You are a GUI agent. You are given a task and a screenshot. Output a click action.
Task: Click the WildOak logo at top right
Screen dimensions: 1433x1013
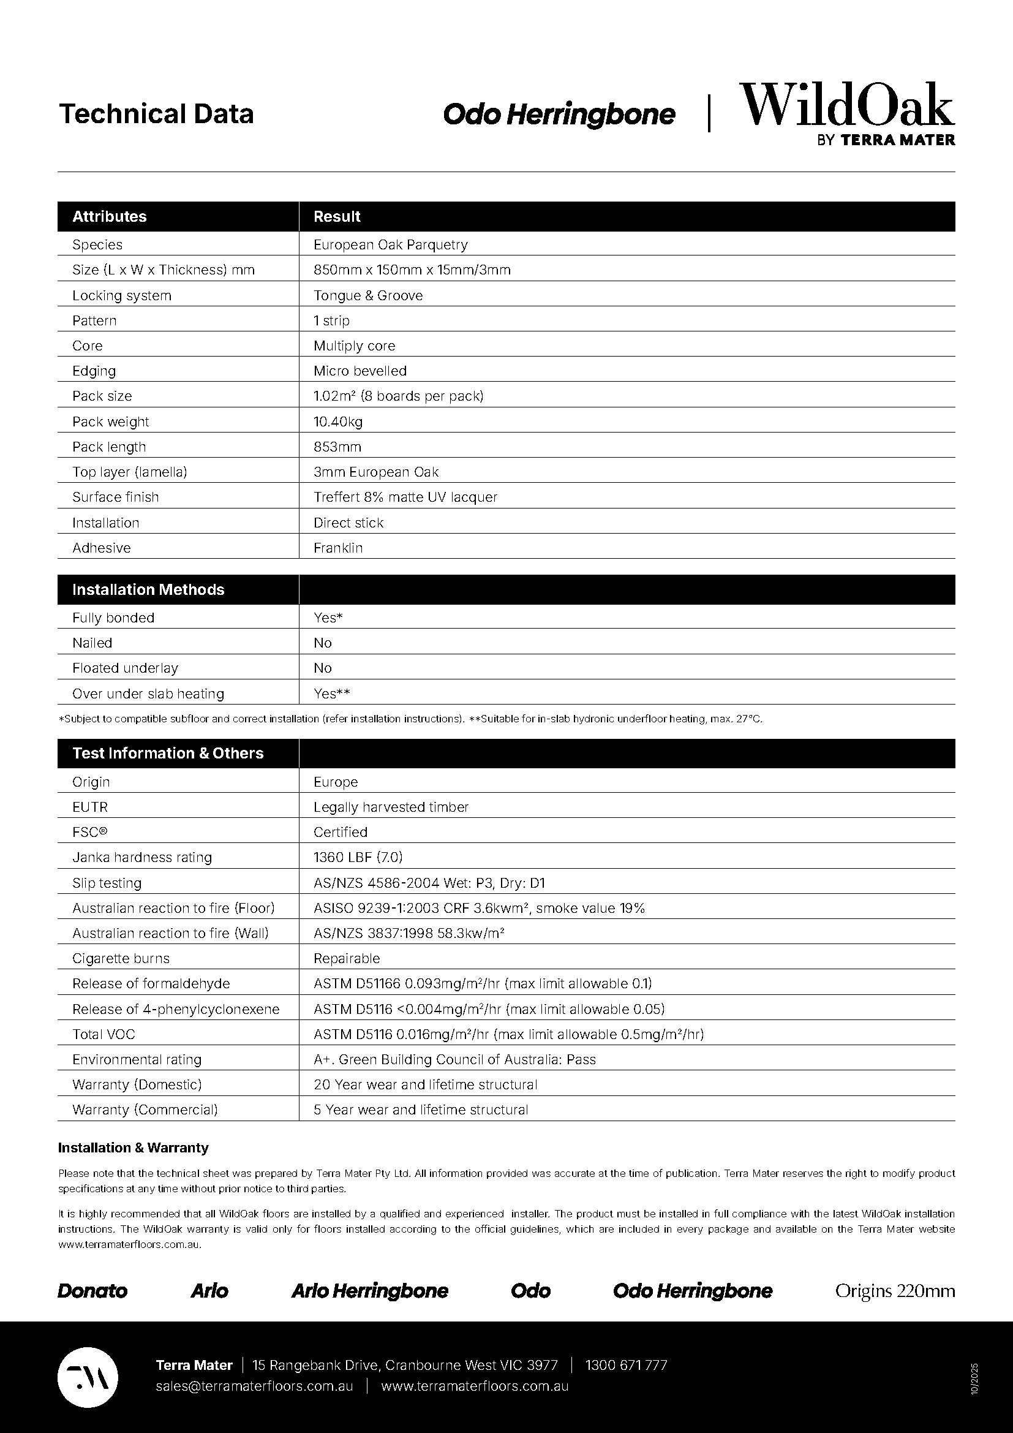846,113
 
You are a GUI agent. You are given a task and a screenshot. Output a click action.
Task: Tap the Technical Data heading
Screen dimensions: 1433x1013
156,114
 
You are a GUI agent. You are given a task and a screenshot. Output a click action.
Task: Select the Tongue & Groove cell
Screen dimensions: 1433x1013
368,295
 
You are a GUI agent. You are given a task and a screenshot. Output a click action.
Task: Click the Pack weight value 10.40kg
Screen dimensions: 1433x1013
338,422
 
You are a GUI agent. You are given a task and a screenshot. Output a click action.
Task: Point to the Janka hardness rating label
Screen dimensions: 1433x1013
142,857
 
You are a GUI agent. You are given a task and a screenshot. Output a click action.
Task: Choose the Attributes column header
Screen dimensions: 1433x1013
110,216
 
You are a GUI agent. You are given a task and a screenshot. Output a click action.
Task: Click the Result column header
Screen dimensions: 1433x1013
337,216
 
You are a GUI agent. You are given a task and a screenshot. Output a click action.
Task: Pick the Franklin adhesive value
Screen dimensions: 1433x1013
338,547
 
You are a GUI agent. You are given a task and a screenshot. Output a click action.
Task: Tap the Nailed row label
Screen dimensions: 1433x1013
92,642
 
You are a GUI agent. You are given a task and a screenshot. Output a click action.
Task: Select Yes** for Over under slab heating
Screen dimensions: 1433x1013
332,693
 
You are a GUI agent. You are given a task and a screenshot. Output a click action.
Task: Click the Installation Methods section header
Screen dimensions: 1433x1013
148,589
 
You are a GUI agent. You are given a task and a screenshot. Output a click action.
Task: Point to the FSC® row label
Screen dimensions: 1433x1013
90,831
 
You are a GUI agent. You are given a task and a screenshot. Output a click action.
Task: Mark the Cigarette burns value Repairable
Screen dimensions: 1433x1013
347,958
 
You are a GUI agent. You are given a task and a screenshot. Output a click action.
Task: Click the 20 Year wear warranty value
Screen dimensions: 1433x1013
426,1084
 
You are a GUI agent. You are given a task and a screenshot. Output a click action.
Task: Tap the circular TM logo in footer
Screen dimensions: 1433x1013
88,1377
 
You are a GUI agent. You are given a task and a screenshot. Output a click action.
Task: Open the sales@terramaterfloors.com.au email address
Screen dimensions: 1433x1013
255,1386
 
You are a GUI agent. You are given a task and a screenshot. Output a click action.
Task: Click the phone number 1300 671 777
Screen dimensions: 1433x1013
627,1365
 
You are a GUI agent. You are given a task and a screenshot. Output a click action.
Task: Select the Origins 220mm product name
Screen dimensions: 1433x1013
894,1291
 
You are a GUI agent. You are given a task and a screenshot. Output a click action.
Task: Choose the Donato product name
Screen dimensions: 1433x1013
92,1291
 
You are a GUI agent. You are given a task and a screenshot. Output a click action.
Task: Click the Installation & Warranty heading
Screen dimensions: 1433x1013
134,1147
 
